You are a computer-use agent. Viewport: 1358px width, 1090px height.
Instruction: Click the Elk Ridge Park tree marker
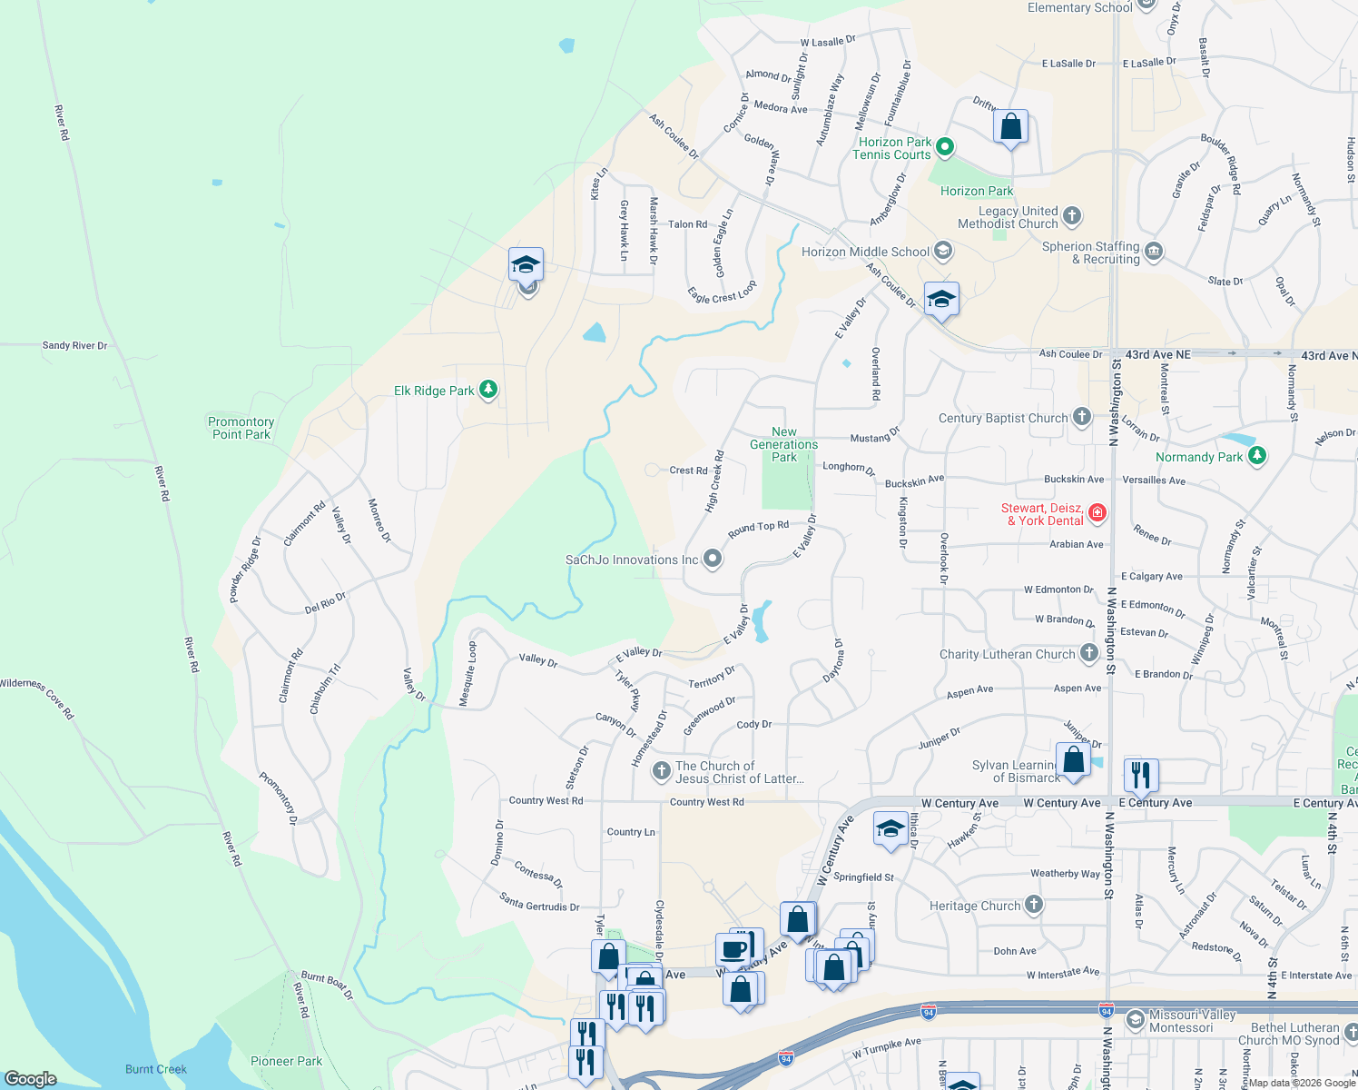click(x=488, y=390)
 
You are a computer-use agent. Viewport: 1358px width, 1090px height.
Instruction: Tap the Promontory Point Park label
click(x=241, y=428)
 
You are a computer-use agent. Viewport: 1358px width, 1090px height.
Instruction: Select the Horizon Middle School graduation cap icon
click(x=943, y=251)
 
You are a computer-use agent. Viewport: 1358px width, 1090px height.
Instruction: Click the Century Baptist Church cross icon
click(x=1081, y=417)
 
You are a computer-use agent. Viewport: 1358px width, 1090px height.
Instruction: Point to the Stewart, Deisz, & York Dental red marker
click(x=1097, y=513)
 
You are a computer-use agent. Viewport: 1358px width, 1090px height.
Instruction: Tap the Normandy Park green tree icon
click(x=1256, y=456)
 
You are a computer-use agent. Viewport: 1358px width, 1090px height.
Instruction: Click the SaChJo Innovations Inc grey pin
click(x=713, y=559)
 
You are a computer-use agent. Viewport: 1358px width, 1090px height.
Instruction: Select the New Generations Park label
click(x=783, y=444)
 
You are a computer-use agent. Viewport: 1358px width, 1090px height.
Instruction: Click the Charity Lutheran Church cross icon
click(x=1088, y=653)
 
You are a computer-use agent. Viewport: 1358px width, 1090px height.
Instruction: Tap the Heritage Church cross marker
click(x=1033, y=905)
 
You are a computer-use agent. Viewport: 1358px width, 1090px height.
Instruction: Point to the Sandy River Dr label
click(x=74, y=345)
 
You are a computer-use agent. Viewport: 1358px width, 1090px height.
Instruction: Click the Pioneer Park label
click(x=286, y=1061)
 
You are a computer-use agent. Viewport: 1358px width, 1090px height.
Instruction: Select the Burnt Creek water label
click(x=156, y=1069)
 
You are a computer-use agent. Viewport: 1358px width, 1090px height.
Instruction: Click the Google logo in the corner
click(x=30, y=1078)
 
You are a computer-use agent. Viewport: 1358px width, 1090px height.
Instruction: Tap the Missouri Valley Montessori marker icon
click(x=1135, y=1020)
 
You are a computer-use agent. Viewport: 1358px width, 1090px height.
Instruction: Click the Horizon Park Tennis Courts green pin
click(x=944, y=146)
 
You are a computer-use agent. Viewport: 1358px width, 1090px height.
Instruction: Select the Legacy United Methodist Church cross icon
click(x=1071, y=216)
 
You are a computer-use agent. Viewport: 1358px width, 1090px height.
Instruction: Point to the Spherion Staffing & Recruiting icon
click(x=1153, y=252)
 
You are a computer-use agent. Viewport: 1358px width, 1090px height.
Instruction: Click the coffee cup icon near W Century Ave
click(x=733, y=950)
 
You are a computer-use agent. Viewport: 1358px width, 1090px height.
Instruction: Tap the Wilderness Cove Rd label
click(x=37, y=697)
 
